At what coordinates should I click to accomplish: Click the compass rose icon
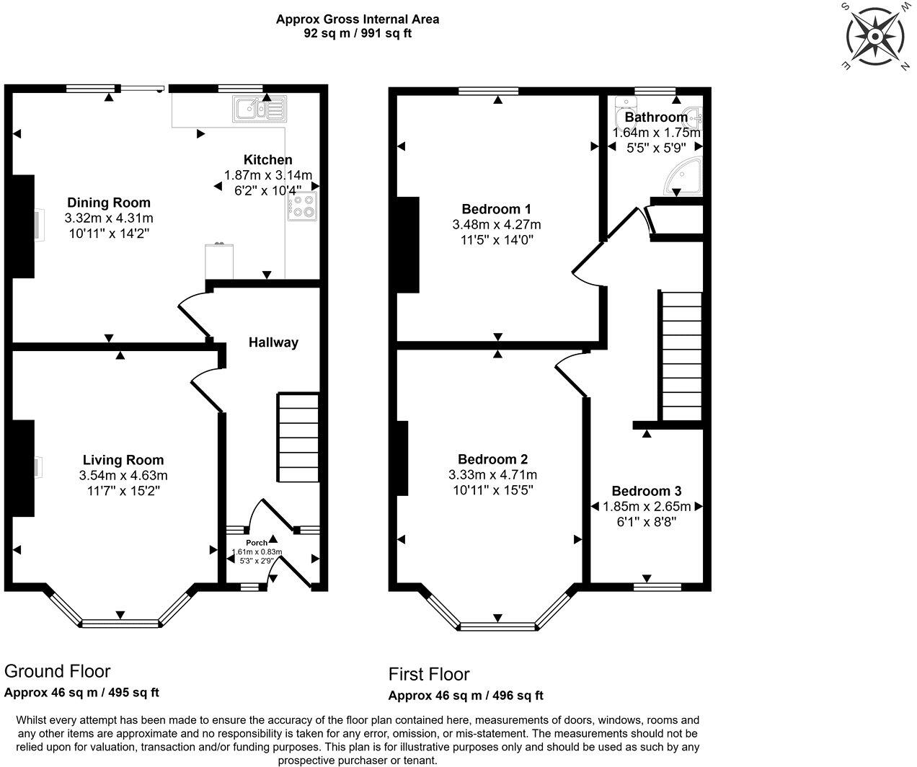pos(875,36)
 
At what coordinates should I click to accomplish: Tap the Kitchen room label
pos(267,160)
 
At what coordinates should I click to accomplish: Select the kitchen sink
pos(258,109)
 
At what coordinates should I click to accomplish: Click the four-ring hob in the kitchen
pos(302,207)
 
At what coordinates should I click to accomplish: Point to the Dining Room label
pos(109,203)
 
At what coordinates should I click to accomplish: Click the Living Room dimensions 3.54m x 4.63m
pos(123,475)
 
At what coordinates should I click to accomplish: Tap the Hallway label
pos(273,342)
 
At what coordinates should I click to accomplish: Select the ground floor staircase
pos(298,438)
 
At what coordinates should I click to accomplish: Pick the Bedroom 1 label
pos(496,209)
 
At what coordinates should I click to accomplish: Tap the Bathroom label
pos(656,117)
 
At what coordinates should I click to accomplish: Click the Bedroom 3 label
pos(647,491)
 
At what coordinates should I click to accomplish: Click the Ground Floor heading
pos(58,671)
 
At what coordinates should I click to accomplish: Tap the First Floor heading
pos(429,674)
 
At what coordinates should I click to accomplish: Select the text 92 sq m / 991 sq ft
pos(358,33)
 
